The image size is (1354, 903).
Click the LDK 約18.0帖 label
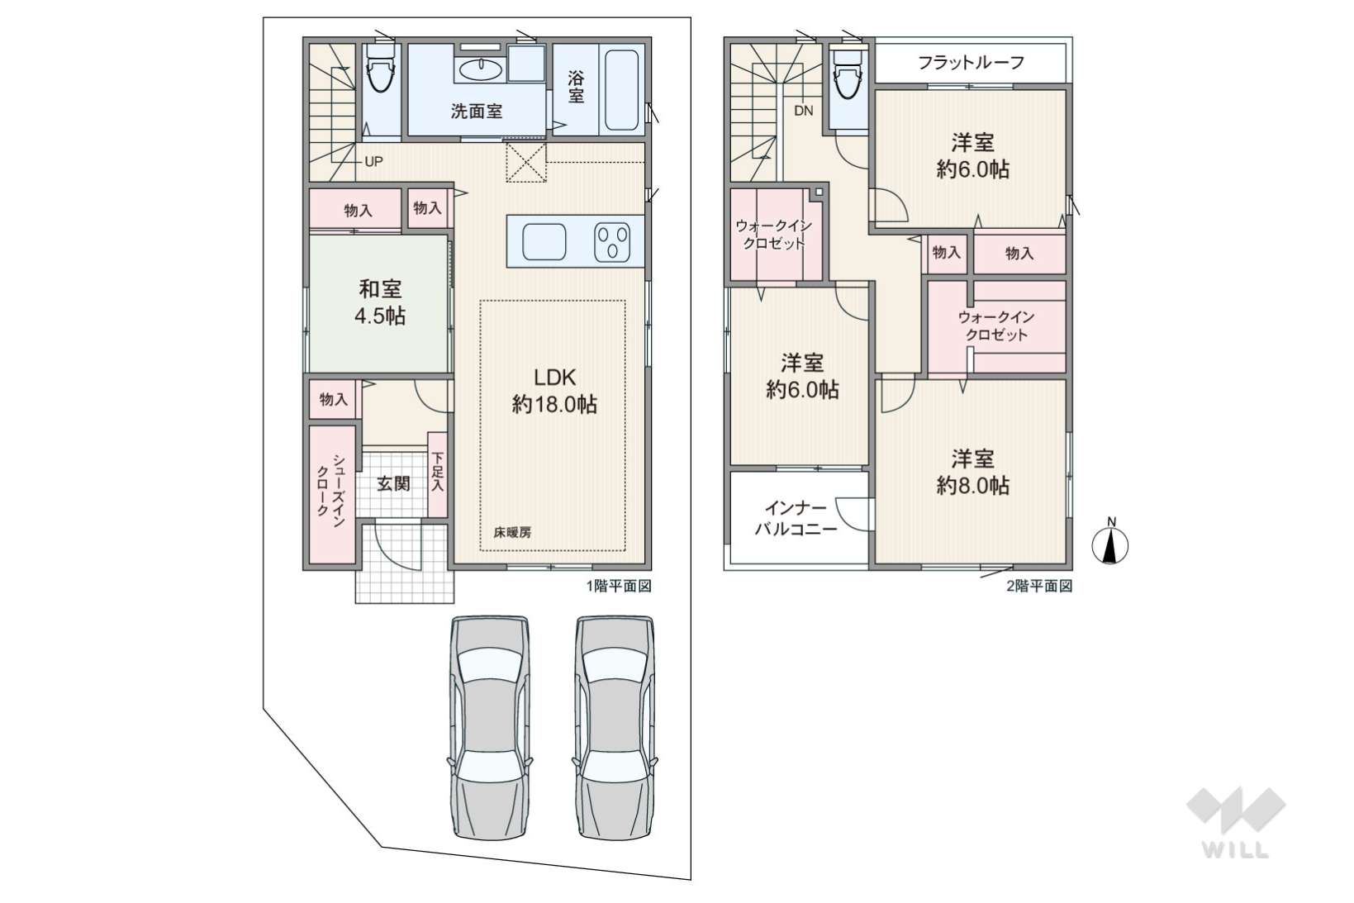554,391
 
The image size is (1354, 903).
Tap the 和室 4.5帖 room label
380,302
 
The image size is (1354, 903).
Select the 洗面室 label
477,112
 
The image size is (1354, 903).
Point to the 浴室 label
576,88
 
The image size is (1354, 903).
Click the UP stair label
373,162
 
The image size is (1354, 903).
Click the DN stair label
803,111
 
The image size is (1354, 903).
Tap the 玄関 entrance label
393,483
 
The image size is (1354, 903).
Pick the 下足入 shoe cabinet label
437,473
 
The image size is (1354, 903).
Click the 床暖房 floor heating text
512,533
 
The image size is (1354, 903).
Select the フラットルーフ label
971,62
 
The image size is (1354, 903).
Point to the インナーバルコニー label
796,518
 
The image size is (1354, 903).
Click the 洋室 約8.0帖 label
972,472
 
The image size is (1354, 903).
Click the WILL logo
1236,823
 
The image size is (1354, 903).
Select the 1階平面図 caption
619,586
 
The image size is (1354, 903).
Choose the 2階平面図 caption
1040,586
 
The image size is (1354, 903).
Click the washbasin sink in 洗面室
481,69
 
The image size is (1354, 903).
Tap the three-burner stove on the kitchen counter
611,242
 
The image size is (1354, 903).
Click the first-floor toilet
381,68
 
